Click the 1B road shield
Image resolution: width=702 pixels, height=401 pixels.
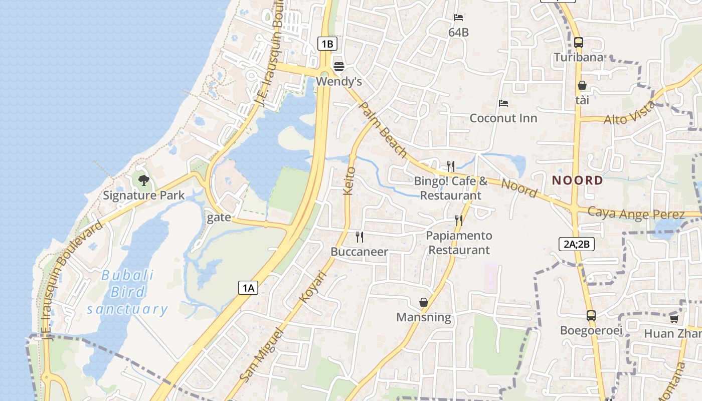327,44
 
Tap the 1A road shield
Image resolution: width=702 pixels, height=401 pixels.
248,287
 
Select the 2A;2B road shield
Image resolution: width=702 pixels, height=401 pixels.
576,244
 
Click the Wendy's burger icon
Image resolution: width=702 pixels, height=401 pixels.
339,67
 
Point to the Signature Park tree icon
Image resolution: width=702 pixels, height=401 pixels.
144,180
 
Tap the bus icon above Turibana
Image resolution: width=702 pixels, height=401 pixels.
579,43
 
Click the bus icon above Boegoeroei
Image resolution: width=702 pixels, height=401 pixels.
591,316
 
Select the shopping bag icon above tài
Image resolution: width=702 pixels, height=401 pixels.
582,86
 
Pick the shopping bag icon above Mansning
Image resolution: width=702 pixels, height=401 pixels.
424,302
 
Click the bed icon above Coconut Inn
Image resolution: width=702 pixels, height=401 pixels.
503,103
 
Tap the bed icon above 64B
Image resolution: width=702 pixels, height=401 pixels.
458,18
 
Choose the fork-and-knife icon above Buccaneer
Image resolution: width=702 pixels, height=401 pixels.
359,237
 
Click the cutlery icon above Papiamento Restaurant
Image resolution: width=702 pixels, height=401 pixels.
458,220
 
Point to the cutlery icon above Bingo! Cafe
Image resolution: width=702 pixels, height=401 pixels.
451,166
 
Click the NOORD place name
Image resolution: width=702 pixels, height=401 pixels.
577,180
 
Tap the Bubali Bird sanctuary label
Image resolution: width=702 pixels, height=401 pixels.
127,292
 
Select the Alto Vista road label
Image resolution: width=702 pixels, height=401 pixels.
629,113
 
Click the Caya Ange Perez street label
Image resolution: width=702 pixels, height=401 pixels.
636,214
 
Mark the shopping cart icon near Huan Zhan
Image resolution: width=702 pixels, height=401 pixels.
674,319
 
